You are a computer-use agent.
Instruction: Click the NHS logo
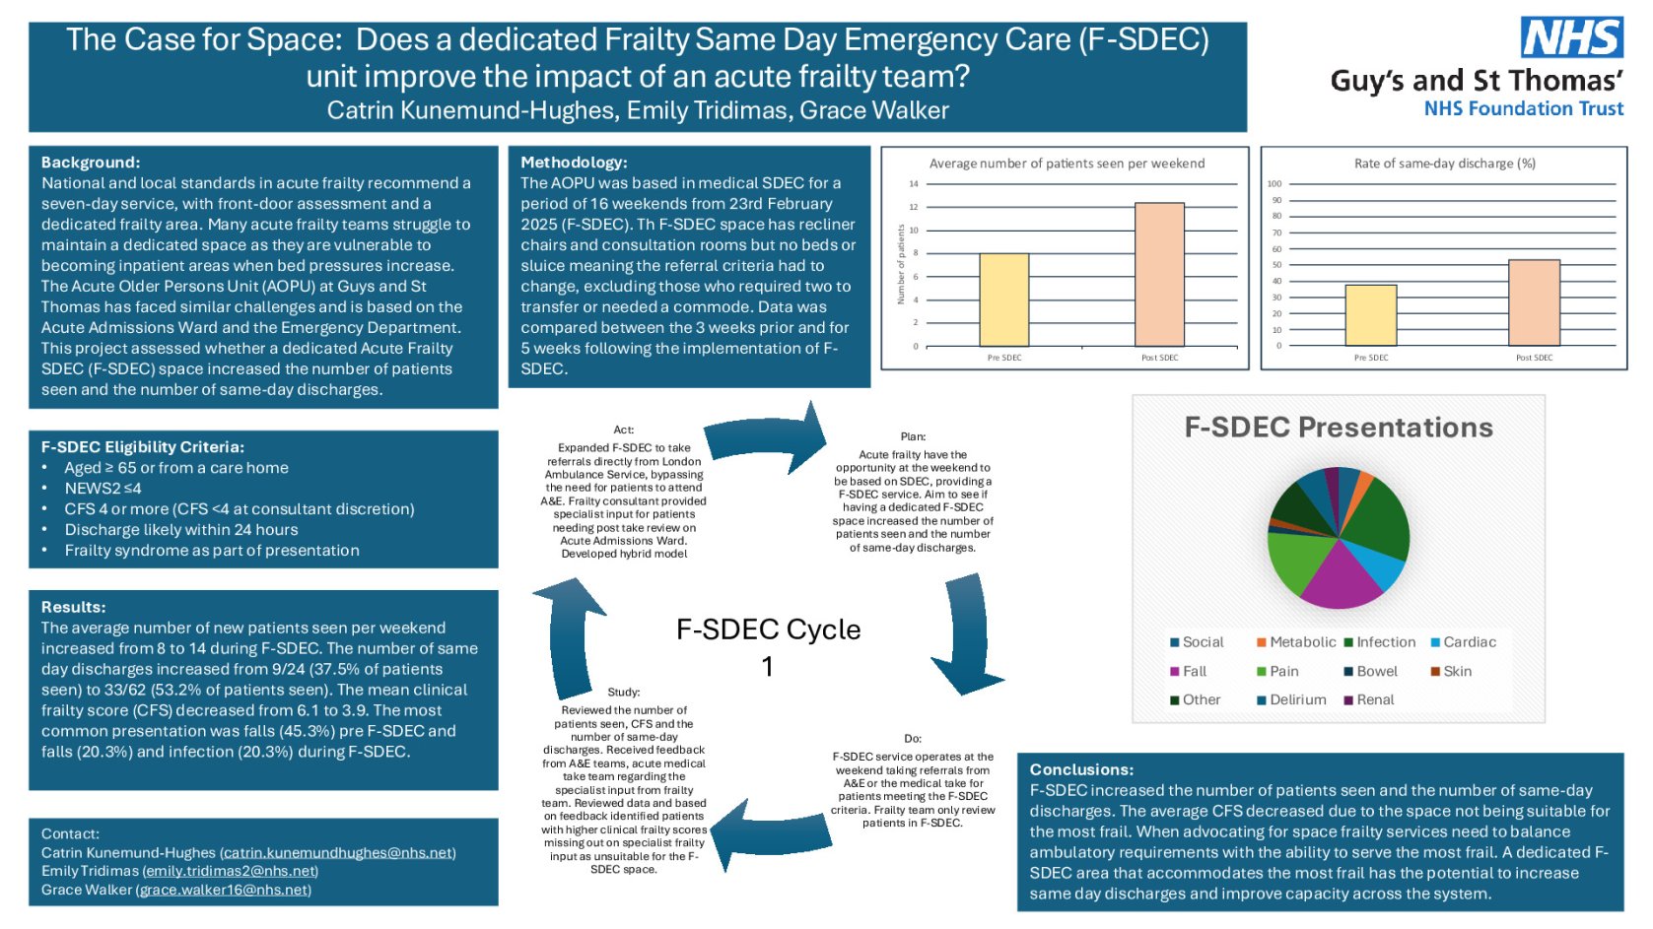(x=1571, y=38)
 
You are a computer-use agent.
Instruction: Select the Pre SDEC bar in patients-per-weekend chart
(x=1003, y=299)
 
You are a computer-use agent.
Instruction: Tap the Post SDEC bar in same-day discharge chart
(x=1534, y=302)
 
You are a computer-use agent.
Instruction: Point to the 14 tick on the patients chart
(x=914, y=184)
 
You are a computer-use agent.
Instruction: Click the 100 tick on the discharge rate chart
(x=1274, y=184)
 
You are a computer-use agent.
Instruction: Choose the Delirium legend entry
(x=1291, y=700)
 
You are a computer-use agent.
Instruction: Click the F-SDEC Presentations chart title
(x=1338, y=428)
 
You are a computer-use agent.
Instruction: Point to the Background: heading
(x=91, y=163)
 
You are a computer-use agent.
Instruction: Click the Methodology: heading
(x=574, y=163)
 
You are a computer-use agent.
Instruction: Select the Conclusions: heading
(x=1081, y=770)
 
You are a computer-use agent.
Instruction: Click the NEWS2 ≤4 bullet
(x=103, y=489)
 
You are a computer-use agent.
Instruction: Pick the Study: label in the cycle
(x=624, y=693)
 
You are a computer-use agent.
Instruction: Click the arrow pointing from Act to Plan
(x=769, y=439)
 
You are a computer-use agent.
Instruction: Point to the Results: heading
(x=73, y=608)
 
